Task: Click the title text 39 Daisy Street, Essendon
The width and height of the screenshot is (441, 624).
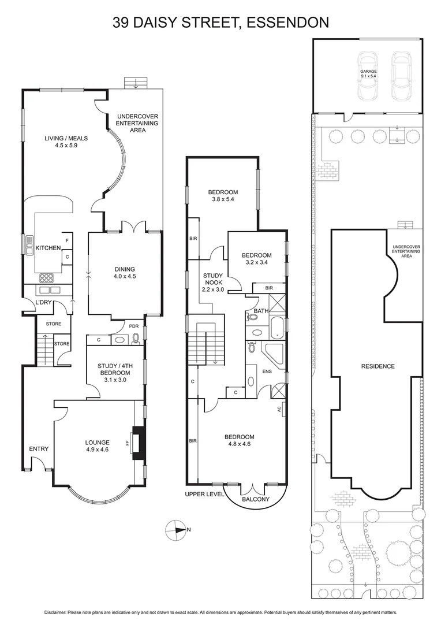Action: pos(220,23)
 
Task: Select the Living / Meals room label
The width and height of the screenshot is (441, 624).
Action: pos(65,142)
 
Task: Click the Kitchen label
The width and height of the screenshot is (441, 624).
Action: pos(48,248)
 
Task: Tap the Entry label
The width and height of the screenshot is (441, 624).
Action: pos(38,449)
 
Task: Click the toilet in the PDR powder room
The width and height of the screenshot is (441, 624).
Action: pos(136,340)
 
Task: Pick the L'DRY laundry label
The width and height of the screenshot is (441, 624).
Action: pos(44,303)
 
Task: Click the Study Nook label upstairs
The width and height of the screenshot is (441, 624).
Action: pos(212,283)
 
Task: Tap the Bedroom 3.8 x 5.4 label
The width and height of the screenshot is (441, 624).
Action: pos(223,196)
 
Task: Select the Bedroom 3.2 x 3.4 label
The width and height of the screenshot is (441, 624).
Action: pos(256,259)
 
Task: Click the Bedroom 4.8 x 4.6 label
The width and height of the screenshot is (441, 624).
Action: pos(239,441)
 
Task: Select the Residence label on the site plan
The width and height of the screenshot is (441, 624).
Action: pos(378,366)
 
